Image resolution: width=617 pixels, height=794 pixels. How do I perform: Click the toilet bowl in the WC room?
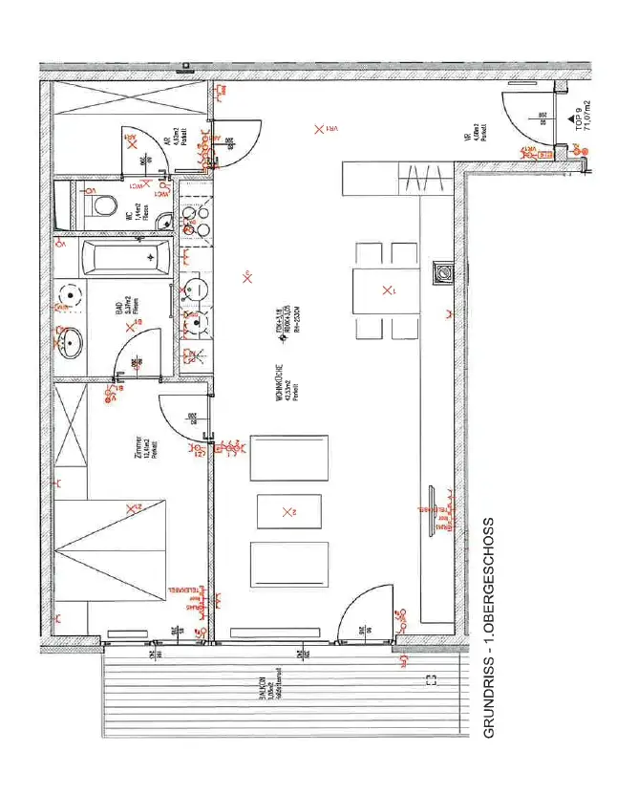pos(102,205)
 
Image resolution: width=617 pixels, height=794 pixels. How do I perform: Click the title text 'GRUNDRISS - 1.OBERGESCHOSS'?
pos(490,627)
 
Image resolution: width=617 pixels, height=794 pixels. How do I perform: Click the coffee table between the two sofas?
pos(289,513)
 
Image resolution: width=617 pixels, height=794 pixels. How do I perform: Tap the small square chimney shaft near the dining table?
pos(442,273)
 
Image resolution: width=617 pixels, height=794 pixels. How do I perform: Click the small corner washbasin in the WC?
pos(164,219)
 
